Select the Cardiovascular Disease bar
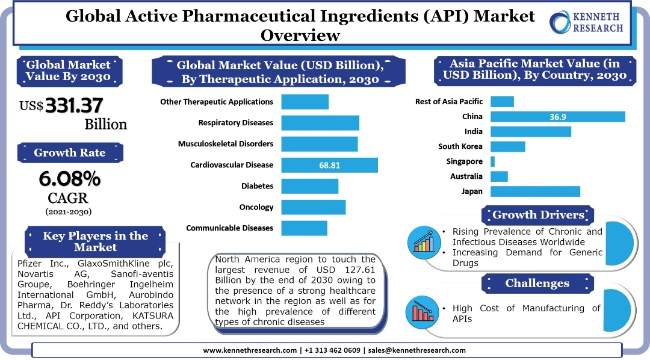(x=329, y=165)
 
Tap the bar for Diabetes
(x=309, y=186)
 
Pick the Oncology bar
(x=313, y=207)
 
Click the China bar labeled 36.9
(x=557, y=117)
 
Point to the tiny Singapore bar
(x=492, y=161)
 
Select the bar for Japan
(x=535, y=191)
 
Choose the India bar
(x=530, y=131)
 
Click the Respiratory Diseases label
(x=235, y=123)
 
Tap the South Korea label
(x=460, y=146)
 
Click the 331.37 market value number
(x=73, y=105)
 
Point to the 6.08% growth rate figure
(x=69, y=179)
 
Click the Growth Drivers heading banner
(x=538, y=215)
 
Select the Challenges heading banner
(x=537, y=283)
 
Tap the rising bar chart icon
(x=424, y=241)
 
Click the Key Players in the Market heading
(x=95, y=241)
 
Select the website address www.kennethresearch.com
(x=250, y=350)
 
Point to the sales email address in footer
(x=416, y=350)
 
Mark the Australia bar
(x=499, y=176)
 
